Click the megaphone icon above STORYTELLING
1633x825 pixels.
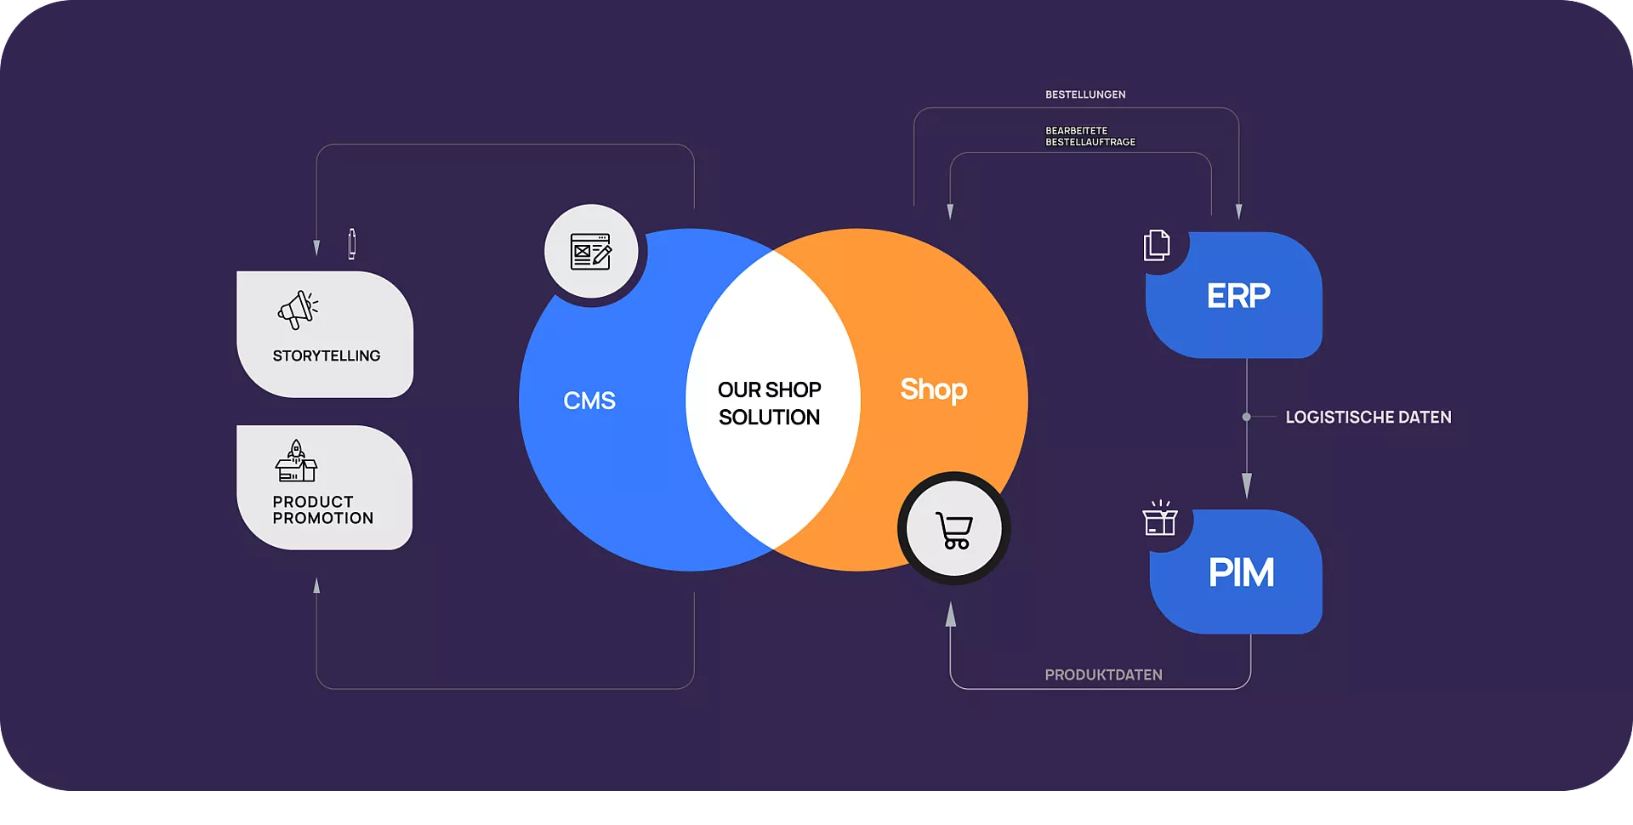pyautogui.click(x=298, y=310)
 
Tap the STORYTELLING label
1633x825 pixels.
pyautogui.click(x=327, y=356)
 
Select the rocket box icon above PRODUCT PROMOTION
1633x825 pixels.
pyautogui.click(x=296, y=461)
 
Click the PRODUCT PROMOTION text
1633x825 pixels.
pyautogui.click(x=323, y=510)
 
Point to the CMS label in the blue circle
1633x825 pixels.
pyautogui.click(x=589, y=401)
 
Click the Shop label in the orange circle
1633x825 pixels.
pyautogui.click(x=933, y=390)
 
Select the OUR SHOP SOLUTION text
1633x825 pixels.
pyautogui.click(x=770, y=403)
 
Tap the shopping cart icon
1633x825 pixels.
pyautogui.click(x=953, y=530)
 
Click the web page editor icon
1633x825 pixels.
pyautogui.click(x=591, y=252)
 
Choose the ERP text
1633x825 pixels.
pyautogui.click(x=1238, y=296)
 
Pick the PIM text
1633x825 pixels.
pyautogui.click(x=1241, y=572)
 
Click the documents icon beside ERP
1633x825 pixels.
pyautogui.click(x=1157, y=245)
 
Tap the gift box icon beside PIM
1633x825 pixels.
pyautogui.click(x=1160, y=518)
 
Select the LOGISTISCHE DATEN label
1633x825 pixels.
pyautogui.click(x=1368, y=418)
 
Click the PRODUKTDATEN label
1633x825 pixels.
pyautogui.click(x=1103, y=675)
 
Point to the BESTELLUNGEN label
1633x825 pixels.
pyautogui.click(x=1085, y=94)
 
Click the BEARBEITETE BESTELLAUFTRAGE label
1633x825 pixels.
pyautogui.click(x=1090, y=136)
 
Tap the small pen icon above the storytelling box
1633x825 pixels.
pyautogui.click(x=352, y=243)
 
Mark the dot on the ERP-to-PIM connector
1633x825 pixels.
pyautogui.click(x=1246, y=417)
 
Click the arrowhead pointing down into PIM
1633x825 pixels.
pyautogui.click(x=1247, y=486)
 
